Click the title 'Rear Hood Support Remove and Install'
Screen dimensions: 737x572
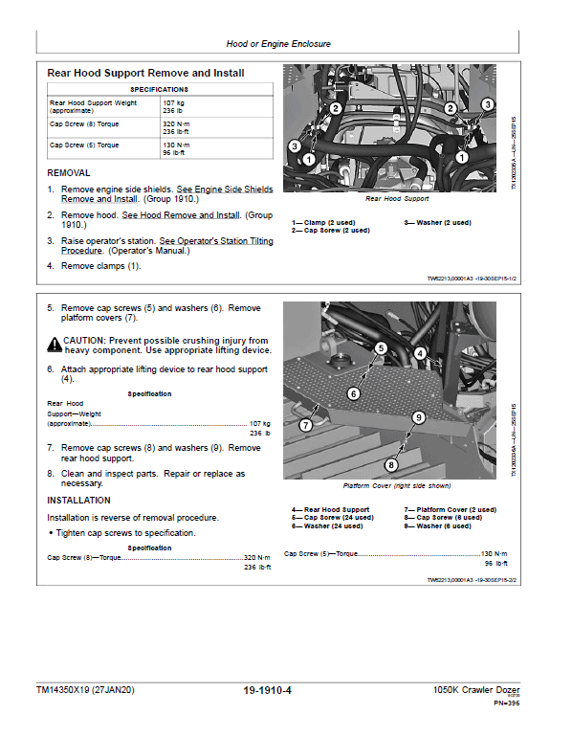145,73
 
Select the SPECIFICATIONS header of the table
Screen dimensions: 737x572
160,89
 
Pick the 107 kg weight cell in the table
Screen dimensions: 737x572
173,101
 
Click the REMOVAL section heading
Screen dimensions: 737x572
69,173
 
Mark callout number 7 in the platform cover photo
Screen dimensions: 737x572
306,424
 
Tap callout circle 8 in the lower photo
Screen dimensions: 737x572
389,465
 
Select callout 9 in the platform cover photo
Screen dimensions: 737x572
418,417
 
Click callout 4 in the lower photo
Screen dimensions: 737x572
420,353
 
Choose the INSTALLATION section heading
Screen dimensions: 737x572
78,500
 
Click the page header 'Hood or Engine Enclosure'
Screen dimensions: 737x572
277,43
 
